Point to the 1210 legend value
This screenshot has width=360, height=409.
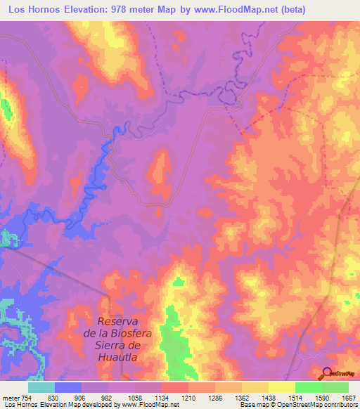pyautogui.click(x=188, y=397)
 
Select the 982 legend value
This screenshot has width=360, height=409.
pyautogui.click(x=108, y=397)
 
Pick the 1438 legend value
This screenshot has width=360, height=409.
pyautogui.click(x=269, y=397)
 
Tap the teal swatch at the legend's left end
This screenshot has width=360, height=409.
pyautogui.click(x=41, y=387)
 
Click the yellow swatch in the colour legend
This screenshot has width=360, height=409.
pyautogui.click(x=281, y=387)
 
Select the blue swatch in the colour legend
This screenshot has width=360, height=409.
pyautogui.click(x=68, y=387)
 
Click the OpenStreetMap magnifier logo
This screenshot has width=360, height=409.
pyautogui.click(x=328, y=372)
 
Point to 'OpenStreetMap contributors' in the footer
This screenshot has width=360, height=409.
pyautogui.click(x=319, y=405)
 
